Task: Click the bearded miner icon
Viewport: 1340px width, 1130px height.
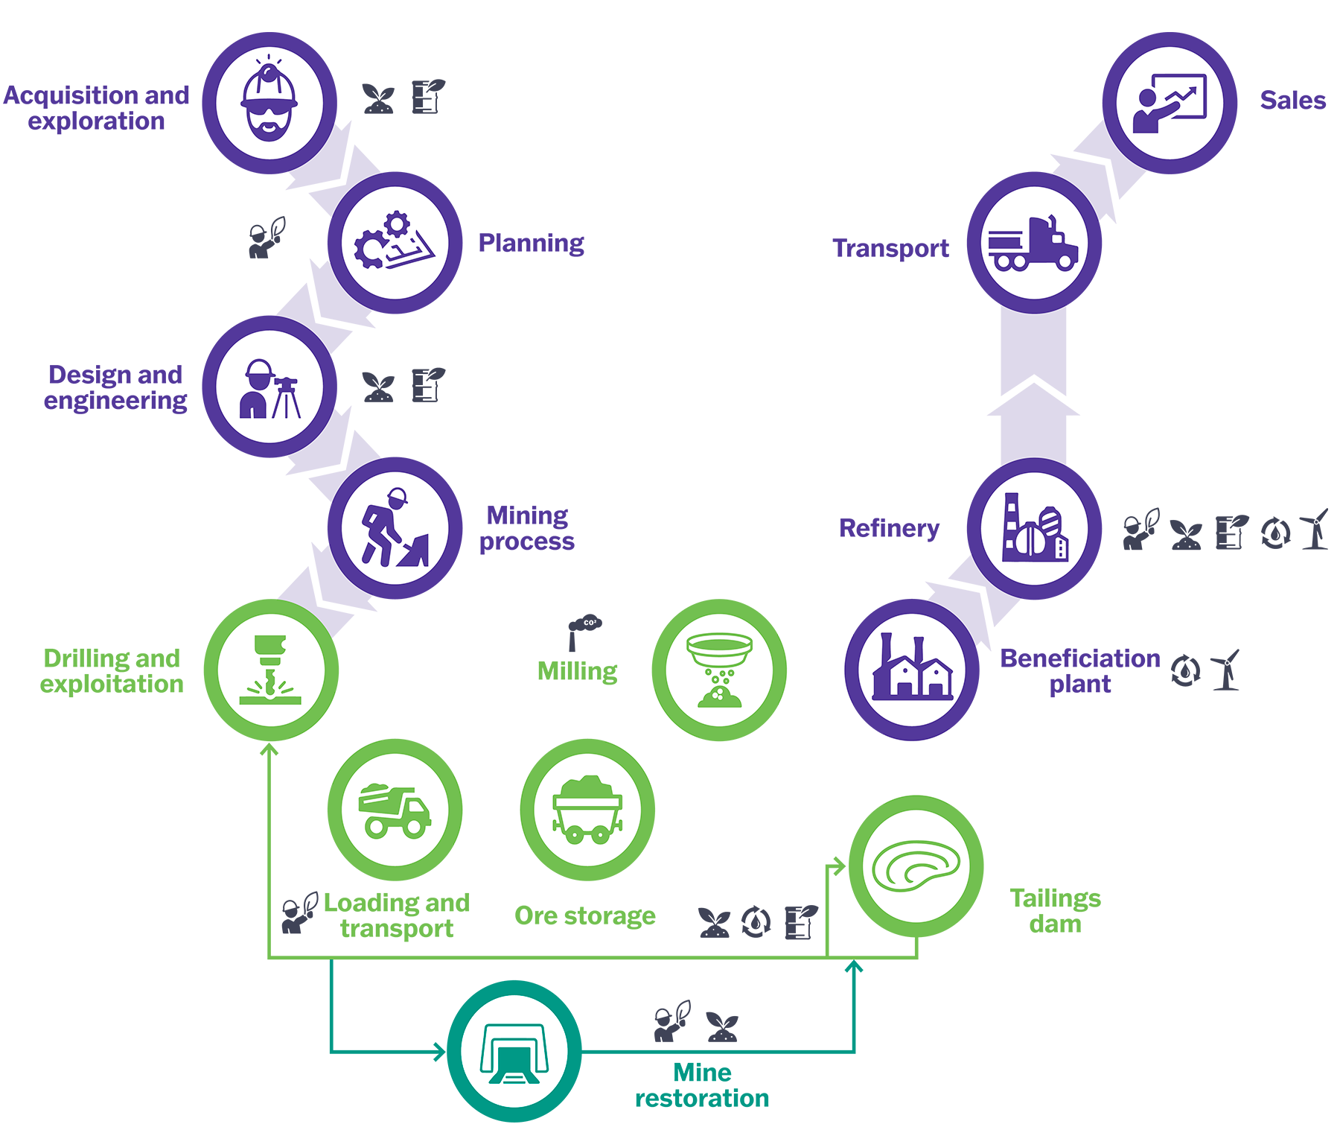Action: pyautogui.click(x=269, y=104)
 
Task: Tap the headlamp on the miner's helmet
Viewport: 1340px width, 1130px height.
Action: pyautogui.click(x=269, y=72)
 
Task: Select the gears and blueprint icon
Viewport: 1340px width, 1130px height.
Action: pyautogui.click(x=395, y=243)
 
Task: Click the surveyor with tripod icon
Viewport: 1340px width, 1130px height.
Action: pyautogui.click(x=269, y=387)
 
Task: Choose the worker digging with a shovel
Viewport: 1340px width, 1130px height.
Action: pyautogui.click(x=395, y=528)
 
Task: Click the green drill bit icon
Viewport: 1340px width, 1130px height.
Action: pyautogui.click(x=272, y=669)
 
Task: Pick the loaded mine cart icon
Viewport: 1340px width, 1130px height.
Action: pyautogui.click(x=588, y=810)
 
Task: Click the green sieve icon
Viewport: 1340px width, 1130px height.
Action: pyautogui.click(x=719, y=669)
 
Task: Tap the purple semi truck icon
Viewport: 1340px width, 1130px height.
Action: pyautogui.click(x=1034, y=243)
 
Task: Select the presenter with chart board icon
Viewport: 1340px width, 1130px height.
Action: pyautogui.click(x=1170, y=104)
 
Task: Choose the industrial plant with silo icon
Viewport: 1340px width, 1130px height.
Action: pyautogui.click(x=1034, y=528)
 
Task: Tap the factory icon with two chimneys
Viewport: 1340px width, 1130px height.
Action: pyautogui.click(x=913, y=669)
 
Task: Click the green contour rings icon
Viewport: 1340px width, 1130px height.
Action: pyautogui.click(x=916, y=866)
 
